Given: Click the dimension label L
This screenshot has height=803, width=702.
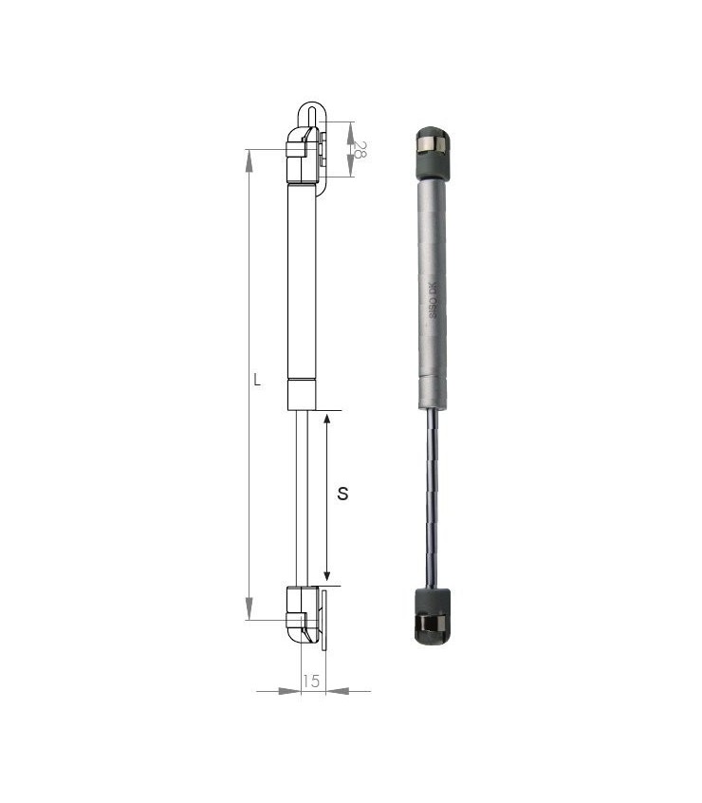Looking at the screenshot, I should click(257, 381).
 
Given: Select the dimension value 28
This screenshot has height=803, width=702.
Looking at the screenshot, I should click(360, 149).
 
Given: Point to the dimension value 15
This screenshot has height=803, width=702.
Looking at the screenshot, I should click(311, 681).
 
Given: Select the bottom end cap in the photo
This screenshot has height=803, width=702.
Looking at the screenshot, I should click(432, 617).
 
